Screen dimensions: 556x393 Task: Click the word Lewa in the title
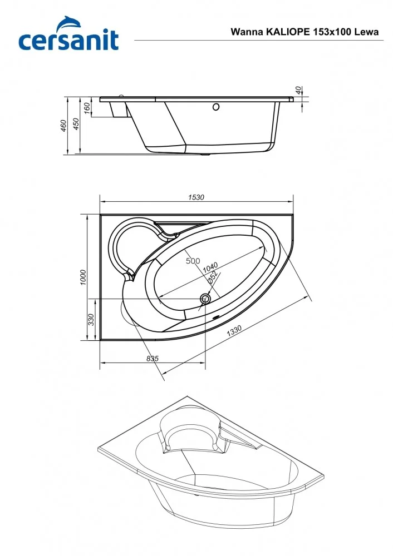pyautogui.click(x=367, y=32)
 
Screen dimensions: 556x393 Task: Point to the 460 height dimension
pyautogui.click(x=64, y=126)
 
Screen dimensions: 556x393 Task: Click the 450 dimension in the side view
pyautogui.click(x=77, y=126)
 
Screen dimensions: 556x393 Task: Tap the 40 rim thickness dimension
pyautogui.click(x=298, y=90)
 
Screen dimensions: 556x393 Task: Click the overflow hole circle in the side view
pyautogui.click(x=216, y=107)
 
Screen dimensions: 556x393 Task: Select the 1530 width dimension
pyautogui.click(x=196, y=197)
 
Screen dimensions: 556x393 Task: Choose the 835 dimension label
pyautogui.click(x=153, y=359)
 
